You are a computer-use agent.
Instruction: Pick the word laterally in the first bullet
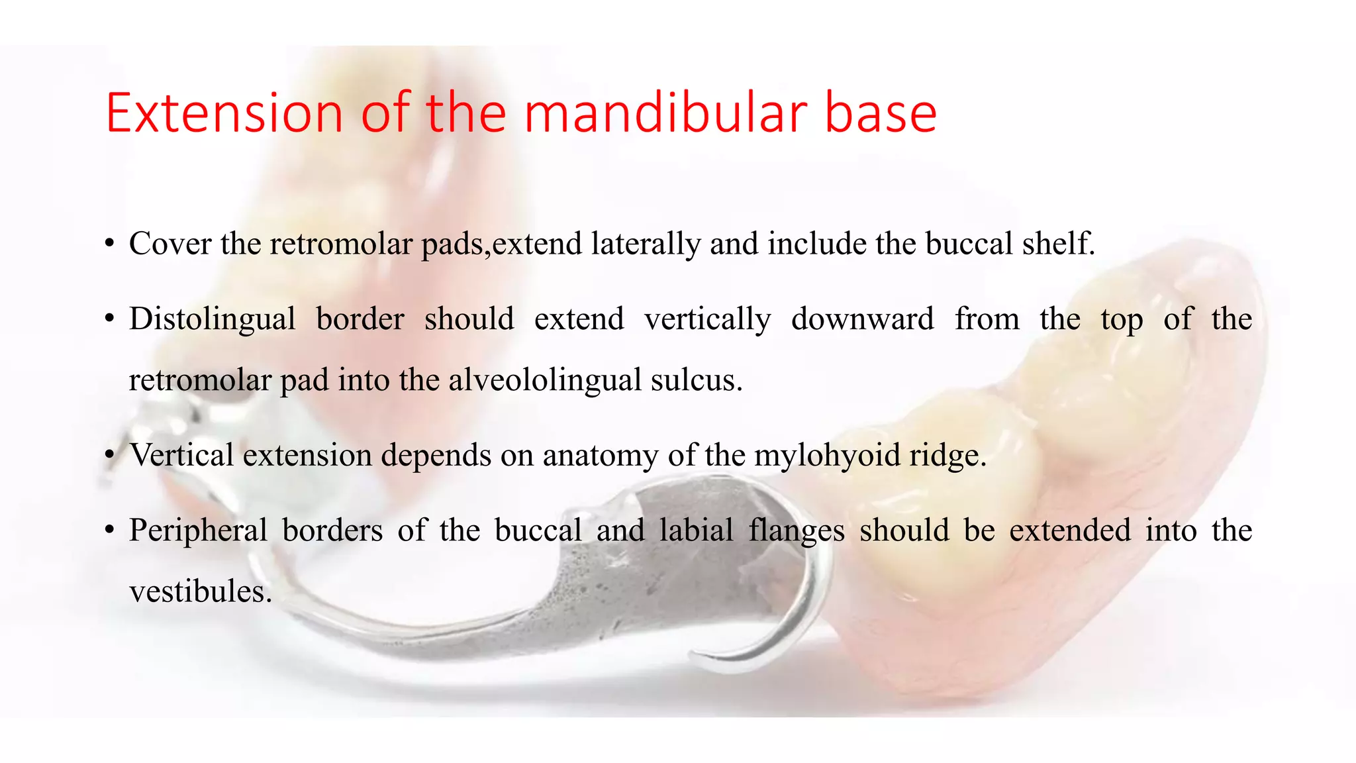tap(646, 244)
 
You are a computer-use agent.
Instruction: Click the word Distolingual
tap(212, 319)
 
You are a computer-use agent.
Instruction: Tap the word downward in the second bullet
tap(862, 319)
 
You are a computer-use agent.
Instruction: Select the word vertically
tap(708, 319)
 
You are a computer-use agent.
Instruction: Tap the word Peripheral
tap(198, 531)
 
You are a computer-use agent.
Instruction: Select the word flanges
tap(797, 531)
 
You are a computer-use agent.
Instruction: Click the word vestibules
tap(201, 591)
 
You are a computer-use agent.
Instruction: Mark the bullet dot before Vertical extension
tap(110, 456)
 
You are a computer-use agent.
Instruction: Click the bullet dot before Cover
tap(110, 244)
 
